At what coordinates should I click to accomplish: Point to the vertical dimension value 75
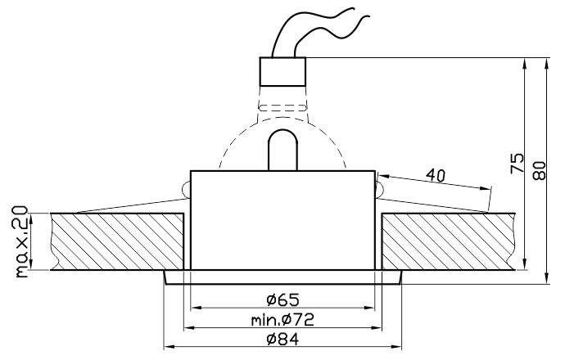[x=517, y=163]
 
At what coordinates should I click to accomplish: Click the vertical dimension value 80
[x=538, y=169]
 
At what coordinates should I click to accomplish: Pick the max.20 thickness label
[x=20, y=243]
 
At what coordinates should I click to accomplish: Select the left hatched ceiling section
[x=115, y=242]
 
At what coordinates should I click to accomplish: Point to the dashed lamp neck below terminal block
[x=282, y=106]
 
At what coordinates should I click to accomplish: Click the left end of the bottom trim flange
[x=167, y=278]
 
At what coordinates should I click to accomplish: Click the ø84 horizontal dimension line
[x=229, y=347]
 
